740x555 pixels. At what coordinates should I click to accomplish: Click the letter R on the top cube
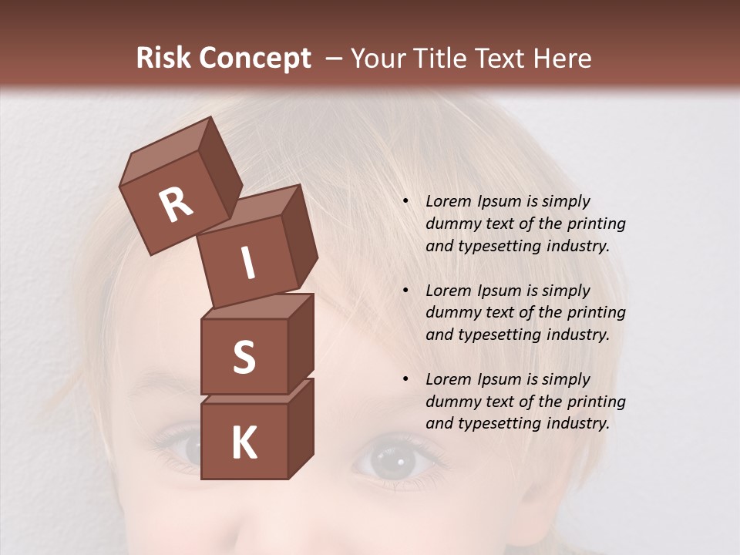(176, 205)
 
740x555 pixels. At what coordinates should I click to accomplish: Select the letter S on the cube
(244, 358)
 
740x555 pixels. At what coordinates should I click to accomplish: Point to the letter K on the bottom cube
(244, 443)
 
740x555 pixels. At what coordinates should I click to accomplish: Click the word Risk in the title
(162, 59)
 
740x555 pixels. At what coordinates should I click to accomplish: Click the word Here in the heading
(560, 59)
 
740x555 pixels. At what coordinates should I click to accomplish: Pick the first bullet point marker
(405, 202)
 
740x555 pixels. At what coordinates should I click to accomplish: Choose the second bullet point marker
(405, 291)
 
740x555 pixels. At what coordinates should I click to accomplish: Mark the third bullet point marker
(405, 380)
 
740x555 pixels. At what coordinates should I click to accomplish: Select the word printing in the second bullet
(596, 313)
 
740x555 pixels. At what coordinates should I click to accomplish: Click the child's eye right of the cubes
(393, 461)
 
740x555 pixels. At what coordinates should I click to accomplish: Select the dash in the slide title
(335, 59)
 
